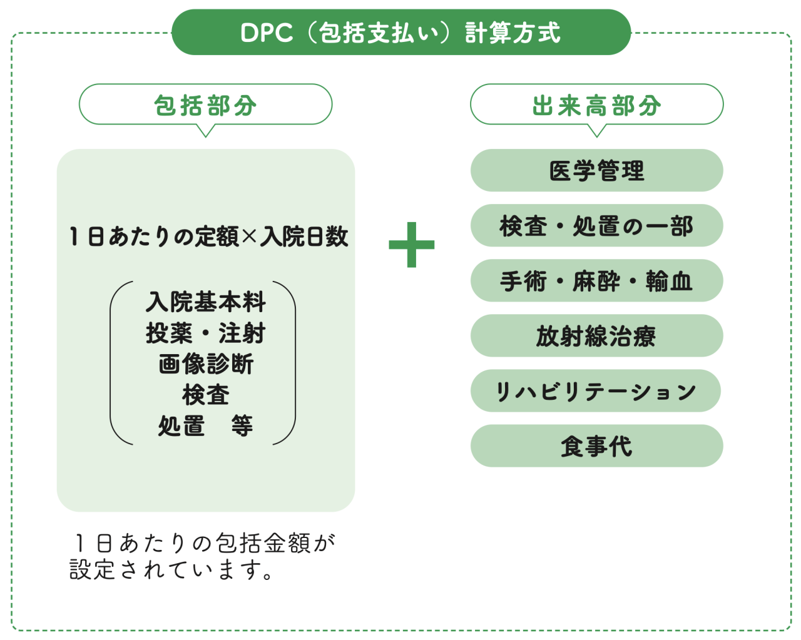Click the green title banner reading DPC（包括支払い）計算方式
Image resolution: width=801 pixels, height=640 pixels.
coord(401,32)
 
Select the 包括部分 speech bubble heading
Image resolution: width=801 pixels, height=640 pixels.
coord(205,105)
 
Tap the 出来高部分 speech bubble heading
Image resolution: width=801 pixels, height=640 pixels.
coord(596,105)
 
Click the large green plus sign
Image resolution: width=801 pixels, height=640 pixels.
coord(411,245)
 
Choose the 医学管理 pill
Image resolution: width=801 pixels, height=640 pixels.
coord(596,170)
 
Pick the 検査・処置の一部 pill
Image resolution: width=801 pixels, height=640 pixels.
coord(596,225)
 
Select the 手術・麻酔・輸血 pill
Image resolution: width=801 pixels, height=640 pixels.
coord(596,280)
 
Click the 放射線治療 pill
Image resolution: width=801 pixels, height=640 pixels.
coord(596,335)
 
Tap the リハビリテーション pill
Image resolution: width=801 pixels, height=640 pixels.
coord(596,391)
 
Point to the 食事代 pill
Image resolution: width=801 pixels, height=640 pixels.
coord(596,446)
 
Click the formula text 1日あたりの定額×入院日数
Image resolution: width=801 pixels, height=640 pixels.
coord(209,236)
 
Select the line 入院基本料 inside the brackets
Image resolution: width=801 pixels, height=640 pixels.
coord(205,302)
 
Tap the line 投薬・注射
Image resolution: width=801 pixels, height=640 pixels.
coord(205,333)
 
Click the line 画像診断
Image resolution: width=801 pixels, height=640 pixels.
coord(206,363)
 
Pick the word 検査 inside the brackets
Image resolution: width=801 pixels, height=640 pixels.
coord(206,395)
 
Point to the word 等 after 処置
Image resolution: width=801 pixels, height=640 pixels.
coord(242,425)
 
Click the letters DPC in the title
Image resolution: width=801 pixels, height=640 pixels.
coord(267,33)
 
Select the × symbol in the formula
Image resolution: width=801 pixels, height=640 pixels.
coord(249,236)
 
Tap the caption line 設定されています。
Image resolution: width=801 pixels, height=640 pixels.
coord(171,570)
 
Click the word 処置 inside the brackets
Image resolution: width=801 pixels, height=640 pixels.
coord(181,425)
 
